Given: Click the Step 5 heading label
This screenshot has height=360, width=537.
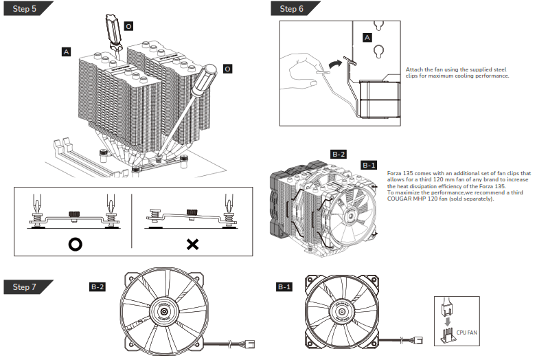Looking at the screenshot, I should (x=25, y=9).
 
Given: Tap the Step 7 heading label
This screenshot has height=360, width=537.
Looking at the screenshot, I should (x=25, y=286).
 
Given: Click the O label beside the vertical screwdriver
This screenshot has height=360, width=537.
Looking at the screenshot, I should (x=129, y=26).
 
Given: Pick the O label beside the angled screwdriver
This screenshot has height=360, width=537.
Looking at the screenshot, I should (x=227, y=69).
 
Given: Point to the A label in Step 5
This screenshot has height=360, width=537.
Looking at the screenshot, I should (x=66, y=52).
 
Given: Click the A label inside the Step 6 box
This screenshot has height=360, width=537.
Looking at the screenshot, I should (x=367, y=37).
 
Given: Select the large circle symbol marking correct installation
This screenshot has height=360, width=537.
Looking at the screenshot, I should (x=72, y=244).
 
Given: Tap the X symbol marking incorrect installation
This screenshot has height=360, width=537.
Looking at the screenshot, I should (x=192, y=244).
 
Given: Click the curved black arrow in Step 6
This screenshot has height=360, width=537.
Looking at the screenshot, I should (x=335, y=63).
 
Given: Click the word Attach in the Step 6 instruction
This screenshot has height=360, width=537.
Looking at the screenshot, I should (x=414, y=69).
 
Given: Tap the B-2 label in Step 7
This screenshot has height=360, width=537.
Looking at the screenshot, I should (x=98, y=286).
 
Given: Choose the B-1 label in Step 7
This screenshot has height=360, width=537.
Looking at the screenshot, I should (x=284, y=286).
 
